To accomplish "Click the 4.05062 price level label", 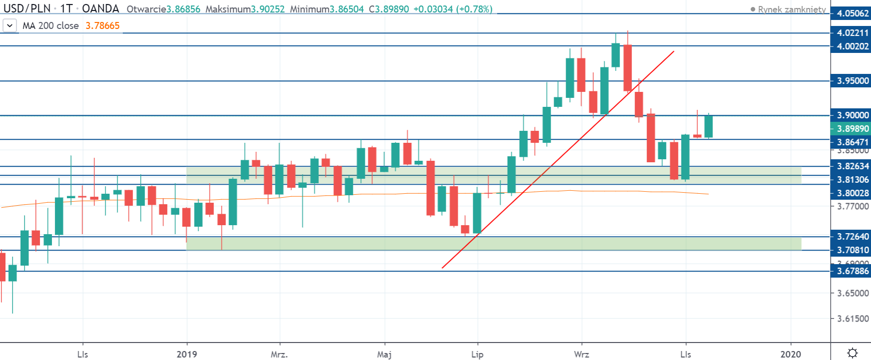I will point(853,13).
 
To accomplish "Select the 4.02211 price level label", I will point(853,33).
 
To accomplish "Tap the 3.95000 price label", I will point(853,81).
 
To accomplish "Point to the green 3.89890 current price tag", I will point(853,129).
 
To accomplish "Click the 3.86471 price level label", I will point(853,142).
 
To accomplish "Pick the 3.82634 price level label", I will point(853,166).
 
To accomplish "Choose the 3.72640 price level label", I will point(853,237).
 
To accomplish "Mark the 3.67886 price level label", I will point(853,271).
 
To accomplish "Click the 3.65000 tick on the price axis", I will point(853,293).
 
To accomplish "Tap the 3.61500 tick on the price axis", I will point(853,319).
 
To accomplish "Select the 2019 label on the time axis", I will point(187,355).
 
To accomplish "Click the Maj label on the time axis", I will point(384,355).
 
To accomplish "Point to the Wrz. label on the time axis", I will point(581,355).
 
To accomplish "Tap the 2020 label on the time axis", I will point(791,355).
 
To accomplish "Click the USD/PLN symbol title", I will point(27,8).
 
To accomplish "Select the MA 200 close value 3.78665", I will point(102,25).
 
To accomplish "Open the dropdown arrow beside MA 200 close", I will point(10,25).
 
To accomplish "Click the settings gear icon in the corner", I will point(853,353).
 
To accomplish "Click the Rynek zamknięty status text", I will point(792,9).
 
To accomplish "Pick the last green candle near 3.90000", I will point(708,126).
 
